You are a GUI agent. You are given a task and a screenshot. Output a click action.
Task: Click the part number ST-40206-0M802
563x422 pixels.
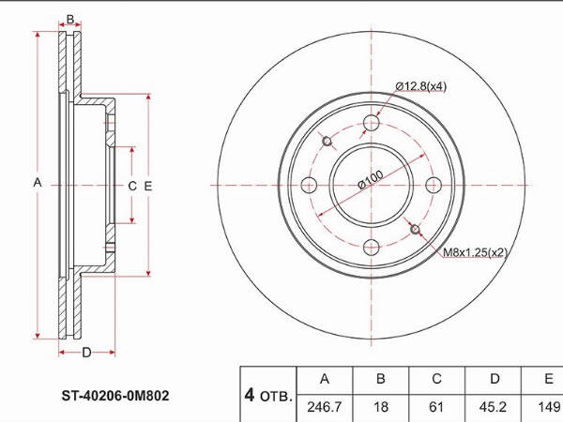[114, 396]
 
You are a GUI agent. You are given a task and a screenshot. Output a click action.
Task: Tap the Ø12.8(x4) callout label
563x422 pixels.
[420, 86]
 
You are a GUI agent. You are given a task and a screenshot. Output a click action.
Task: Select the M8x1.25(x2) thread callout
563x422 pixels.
[475, 252]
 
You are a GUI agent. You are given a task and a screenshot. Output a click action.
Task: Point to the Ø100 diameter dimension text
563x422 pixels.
[371, 179]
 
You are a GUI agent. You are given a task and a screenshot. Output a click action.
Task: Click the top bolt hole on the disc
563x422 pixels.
[372, 123]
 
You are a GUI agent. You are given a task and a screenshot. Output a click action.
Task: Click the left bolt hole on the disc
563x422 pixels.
[309, 185]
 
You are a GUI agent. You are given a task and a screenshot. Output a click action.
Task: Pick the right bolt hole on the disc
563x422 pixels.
[434, 185]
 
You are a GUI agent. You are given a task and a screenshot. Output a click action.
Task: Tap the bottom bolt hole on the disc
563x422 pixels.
[372, 248]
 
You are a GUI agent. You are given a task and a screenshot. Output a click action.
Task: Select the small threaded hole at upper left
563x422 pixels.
[327, 141]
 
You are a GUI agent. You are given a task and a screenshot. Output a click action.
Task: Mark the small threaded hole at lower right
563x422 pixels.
[415, 230]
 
